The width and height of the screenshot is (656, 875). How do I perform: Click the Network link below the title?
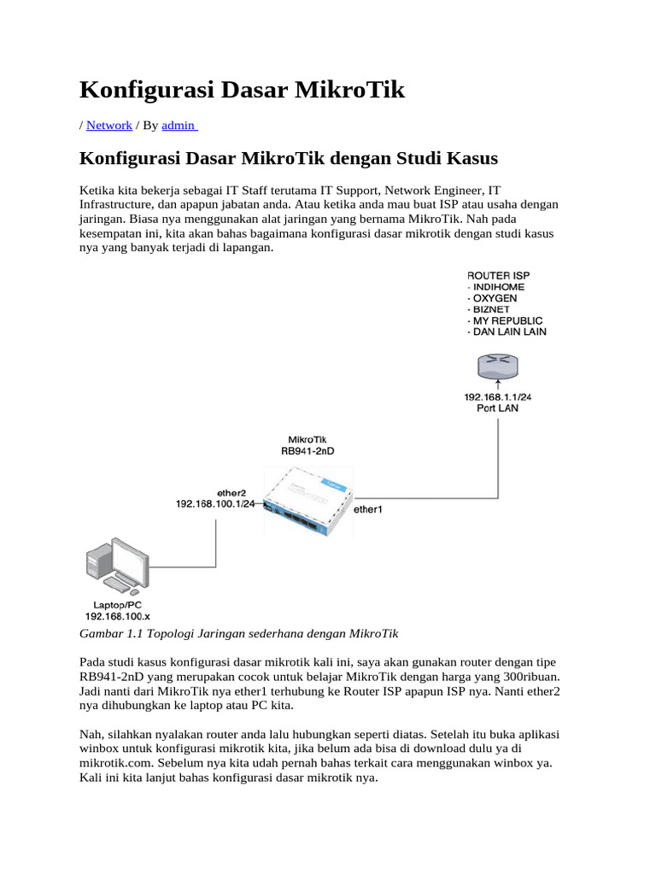pos(108,125)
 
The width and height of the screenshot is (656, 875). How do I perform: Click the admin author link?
pos(179,125)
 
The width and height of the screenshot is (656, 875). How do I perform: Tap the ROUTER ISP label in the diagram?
pos(498,275)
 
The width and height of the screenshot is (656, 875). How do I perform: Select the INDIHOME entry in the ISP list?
pos(499,287)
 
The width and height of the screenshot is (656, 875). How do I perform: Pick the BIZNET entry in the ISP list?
pos(493,309)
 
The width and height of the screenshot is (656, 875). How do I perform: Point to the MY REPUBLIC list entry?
pos(508,320)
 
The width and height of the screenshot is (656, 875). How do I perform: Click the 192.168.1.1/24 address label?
pos(497,397)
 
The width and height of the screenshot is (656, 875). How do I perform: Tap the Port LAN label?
pos(497,408)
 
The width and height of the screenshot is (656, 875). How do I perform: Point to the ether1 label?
pos(369,509)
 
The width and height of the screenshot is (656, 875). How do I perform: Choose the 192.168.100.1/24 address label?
pos(215,504)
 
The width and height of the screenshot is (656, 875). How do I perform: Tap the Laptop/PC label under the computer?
pos(117,604)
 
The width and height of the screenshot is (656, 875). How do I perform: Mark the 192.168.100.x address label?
pos(117,616)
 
